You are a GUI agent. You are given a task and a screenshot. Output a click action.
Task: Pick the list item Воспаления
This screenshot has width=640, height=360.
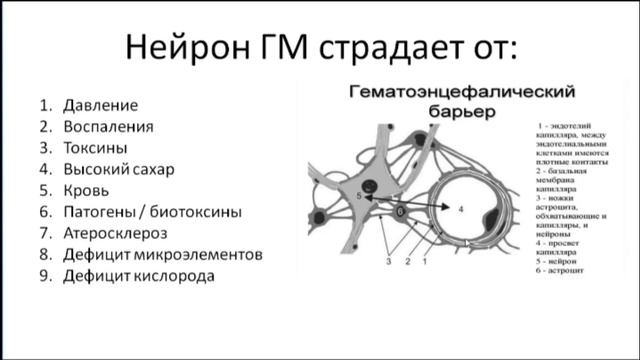tap(108, 126)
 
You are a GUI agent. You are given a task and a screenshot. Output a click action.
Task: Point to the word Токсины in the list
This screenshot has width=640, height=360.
tap(98, 148)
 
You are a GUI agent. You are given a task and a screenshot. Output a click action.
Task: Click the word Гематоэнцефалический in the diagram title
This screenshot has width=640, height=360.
tap(462, 93)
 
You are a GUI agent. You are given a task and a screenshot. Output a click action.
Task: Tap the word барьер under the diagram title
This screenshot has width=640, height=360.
tap(462, 113)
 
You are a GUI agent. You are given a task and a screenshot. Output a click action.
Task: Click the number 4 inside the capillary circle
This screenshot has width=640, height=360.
tap(461, 211)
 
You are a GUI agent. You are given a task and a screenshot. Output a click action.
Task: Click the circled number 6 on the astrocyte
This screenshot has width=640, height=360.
tap(401, 212)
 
